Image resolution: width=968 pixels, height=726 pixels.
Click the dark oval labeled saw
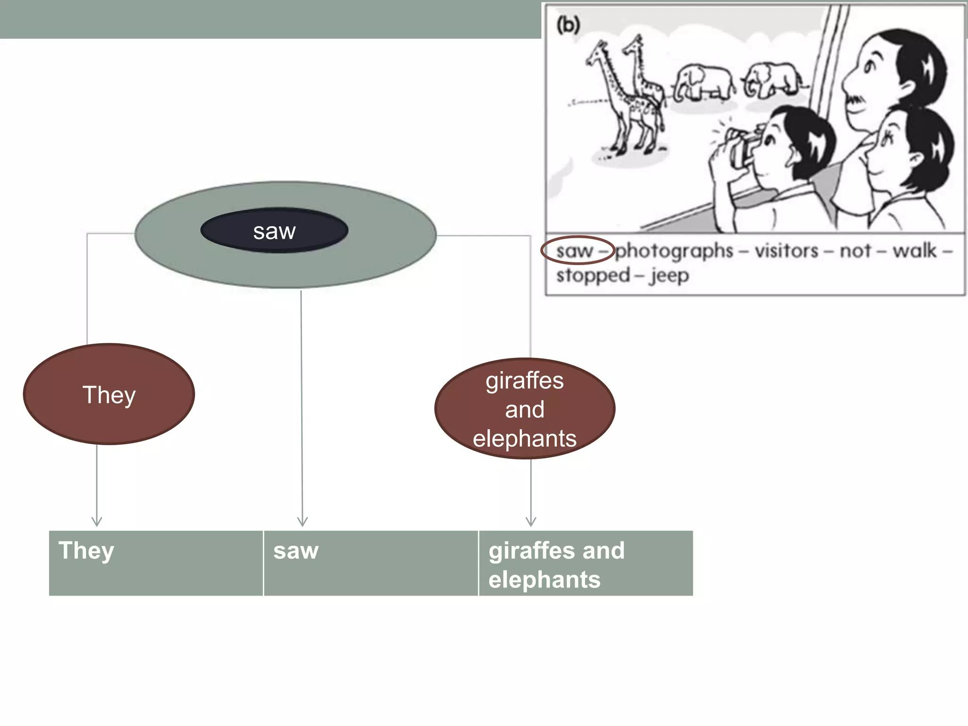click(x=274, y=231)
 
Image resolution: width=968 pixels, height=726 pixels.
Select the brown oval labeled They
click(x=109, y=394)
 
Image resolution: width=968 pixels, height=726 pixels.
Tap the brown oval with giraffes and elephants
click(x=525, y=409)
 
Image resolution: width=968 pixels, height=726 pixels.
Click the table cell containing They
click(x=156, y=562)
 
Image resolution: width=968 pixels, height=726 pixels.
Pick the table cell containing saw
click(x=371, y=562)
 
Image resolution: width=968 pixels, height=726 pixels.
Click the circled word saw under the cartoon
click(x=575, y=251)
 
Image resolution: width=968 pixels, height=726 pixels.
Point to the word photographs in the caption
click(x=674, y=251)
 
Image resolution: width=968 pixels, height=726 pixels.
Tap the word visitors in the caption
click(x=786, y=251)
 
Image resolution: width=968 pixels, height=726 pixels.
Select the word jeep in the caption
click(x=669, y=275)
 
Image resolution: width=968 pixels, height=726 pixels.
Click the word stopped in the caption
click(x=593, y=275)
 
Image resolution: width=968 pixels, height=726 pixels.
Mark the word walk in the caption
click(x=914, y=251)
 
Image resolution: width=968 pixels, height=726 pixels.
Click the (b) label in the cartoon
click(x=568, y=25)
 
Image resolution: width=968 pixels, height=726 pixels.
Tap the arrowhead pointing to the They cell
click(x=97, y=522)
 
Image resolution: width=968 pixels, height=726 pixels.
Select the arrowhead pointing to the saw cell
click(x=302, y=522)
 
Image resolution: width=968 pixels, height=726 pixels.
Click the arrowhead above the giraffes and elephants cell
click(x=531, y=522)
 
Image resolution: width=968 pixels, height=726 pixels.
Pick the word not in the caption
click(x=855, y=251)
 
